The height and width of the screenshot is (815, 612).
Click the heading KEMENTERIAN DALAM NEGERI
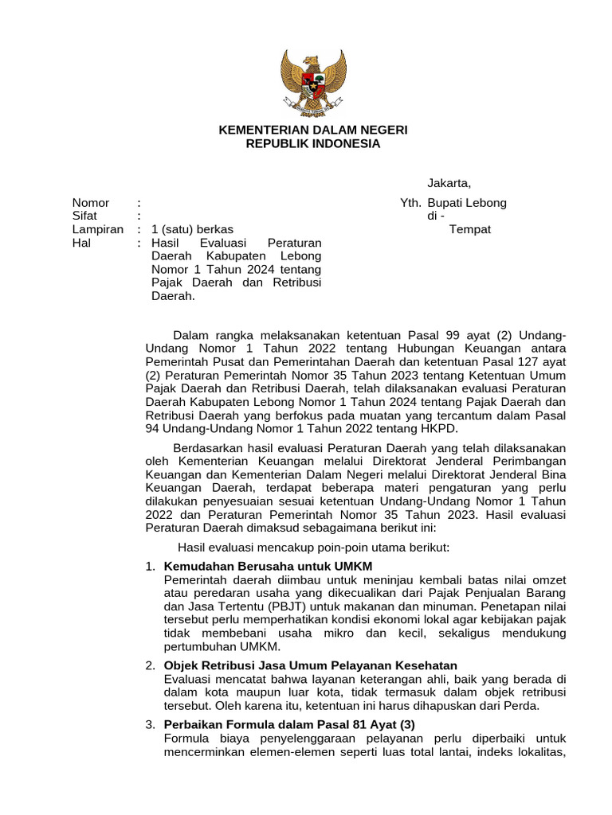(x=313, y=130)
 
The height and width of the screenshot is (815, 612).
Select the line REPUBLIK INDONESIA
(x=313, y=144)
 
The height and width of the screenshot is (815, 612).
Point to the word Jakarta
(x=449, y=184)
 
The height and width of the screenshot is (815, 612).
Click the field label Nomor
(x=91, y=203)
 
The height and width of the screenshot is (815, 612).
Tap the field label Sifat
(x=84, y=216)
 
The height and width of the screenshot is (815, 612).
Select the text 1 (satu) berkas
(x=192, y=229)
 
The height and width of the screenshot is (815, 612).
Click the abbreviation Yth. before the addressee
(x=410, y=203)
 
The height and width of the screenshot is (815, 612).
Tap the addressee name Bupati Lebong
(x=467, y=203)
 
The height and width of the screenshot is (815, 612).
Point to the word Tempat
(x=470, y=229)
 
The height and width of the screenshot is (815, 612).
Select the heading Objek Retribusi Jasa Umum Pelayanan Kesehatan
(x=310, y=665)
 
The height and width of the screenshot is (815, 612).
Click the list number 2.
(x=150, y=665)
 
